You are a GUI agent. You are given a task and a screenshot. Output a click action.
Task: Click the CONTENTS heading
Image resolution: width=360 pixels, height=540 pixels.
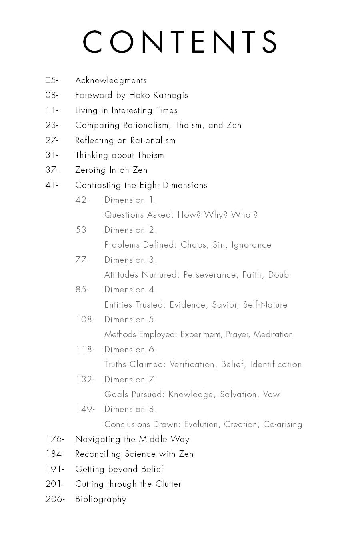click(x=180, y=42)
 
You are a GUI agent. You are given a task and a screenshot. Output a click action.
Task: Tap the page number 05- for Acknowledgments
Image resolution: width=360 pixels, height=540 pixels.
click(x=52, y=80)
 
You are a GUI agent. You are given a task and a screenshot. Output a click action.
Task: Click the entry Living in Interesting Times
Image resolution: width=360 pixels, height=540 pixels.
click(x=126, y=110)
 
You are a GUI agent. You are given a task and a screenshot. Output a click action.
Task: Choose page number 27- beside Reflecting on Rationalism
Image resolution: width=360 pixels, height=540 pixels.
click(x=52, y=140)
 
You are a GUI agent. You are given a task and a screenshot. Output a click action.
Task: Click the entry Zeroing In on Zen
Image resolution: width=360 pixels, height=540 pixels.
click(x=111, y=170)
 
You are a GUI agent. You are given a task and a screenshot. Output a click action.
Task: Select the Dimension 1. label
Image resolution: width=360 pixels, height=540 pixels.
click(x=131, y=200)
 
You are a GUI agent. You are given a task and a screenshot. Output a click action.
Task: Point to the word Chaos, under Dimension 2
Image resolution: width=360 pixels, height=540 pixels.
click(x=194, y=245)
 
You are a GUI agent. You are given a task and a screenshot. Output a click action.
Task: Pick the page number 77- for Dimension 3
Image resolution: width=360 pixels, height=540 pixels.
click(x=82, y=260)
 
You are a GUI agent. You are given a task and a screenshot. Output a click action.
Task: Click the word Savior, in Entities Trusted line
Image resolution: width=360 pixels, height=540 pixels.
click(x=226, y=305)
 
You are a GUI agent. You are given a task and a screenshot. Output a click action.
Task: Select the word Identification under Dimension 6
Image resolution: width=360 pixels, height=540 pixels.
click(x=276, y=364)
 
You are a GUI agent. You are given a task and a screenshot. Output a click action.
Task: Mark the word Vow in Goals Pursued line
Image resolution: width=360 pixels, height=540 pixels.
click(x=271, y=394)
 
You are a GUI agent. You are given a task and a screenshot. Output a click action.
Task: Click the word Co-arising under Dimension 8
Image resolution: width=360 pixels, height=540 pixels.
click(x=282, y=424)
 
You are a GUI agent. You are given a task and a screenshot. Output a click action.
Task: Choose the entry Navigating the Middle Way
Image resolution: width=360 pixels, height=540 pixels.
click(x=132, y=439)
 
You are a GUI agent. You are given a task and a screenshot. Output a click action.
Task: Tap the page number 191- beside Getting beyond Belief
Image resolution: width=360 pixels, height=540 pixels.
click(x=54, y=469)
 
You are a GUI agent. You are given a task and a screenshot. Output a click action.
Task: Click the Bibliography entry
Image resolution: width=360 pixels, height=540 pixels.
click(x=100, y=499)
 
